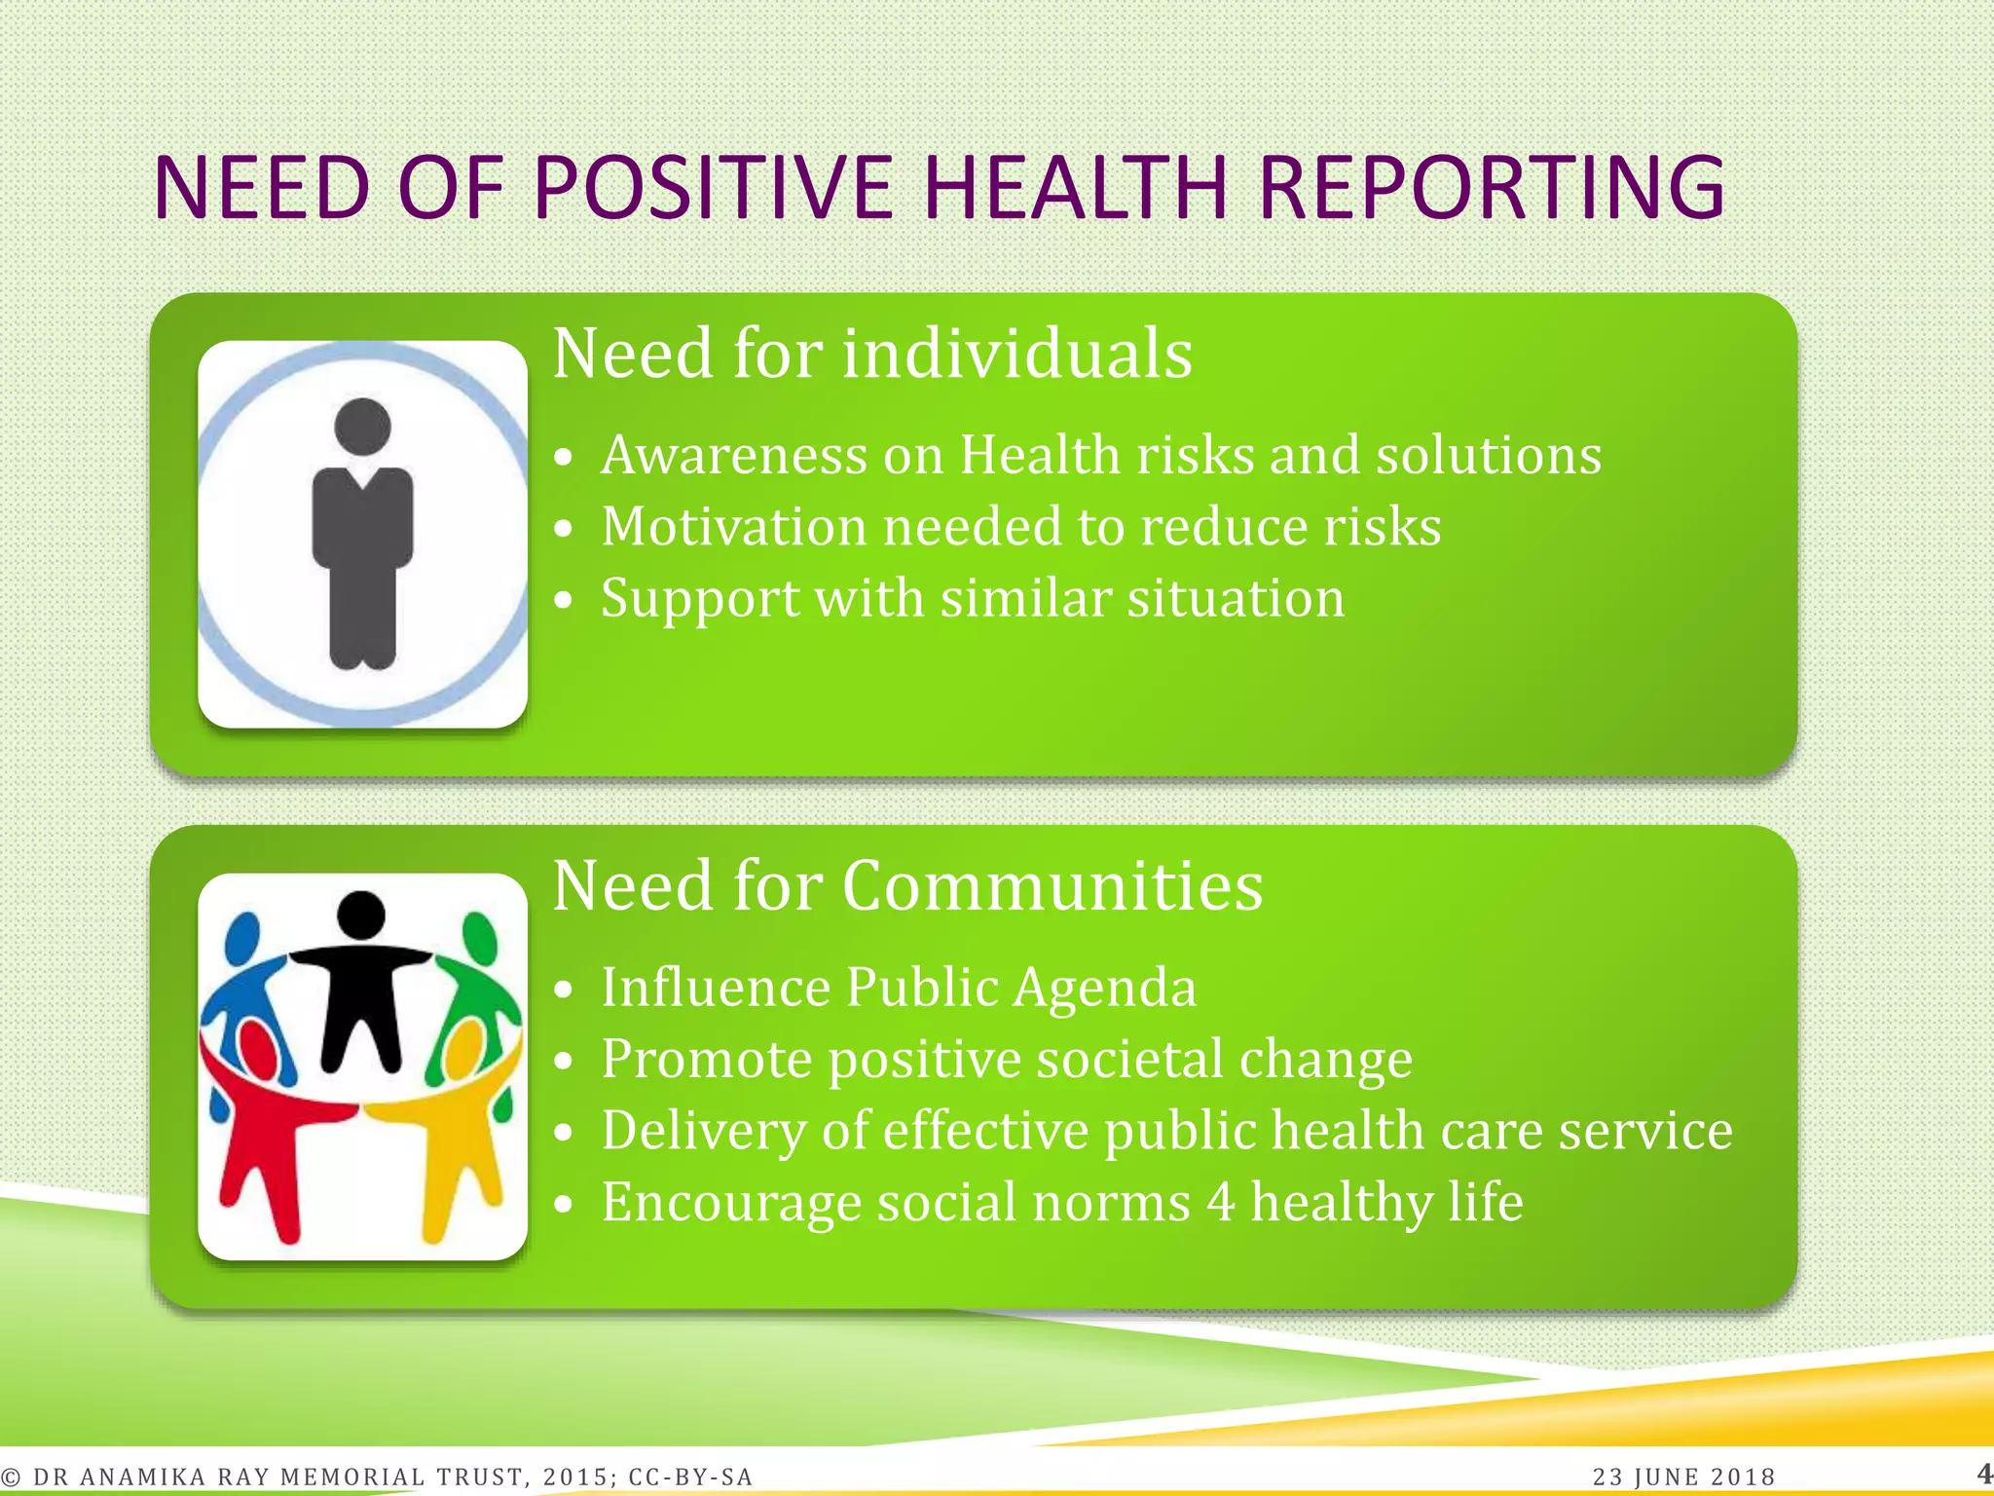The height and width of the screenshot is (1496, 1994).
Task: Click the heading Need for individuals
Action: (872, 353)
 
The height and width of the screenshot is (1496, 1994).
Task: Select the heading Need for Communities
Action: (907, 885)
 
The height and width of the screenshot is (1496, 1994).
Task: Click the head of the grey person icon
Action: (362, 426)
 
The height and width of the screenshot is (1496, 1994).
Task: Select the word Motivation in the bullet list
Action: (733, 527)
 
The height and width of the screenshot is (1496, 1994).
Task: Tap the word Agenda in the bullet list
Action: (1104, 989)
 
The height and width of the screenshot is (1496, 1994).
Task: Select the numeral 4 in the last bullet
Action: (1221, 1202)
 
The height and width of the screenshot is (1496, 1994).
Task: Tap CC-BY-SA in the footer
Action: (690, 1477)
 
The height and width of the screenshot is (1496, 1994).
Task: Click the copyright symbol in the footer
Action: (11, 1477)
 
